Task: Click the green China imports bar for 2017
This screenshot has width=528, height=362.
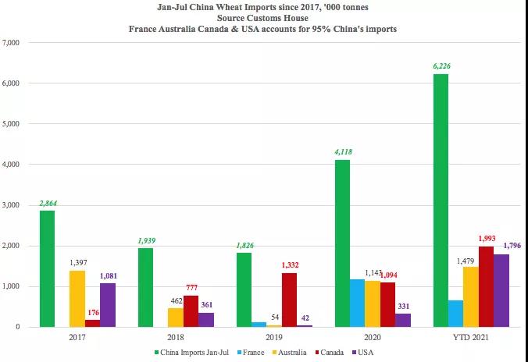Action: pos(47,268)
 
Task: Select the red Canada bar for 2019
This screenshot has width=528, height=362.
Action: pos(290,300)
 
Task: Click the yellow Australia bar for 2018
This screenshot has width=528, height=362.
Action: pos(175,318)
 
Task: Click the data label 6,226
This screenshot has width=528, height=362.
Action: pos(441,66)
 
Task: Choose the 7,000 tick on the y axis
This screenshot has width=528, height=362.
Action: pos(16,42)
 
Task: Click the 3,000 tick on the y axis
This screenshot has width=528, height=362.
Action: pos(16,205)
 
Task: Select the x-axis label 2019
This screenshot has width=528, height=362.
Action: pos(274,338)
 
